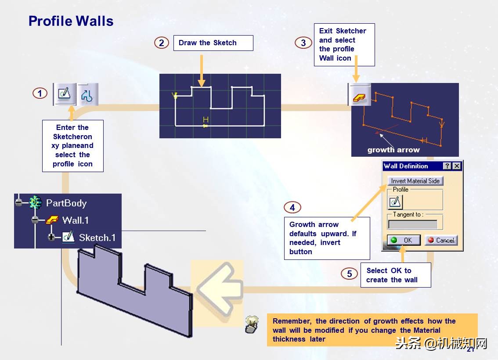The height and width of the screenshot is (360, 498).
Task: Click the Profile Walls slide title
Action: click(x=71, y=21)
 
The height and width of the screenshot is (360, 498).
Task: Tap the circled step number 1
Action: click(x=40, y=94)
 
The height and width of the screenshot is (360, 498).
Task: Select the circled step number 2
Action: click(x=162, y=43)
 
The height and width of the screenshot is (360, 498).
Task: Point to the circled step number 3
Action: click(x=303, y=43)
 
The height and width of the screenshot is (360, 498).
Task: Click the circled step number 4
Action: click(x=292, y=207)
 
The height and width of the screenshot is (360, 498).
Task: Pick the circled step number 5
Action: click(x=349, y=274)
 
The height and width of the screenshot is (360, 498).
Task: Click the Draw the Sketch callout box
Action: click(x=213, y=43)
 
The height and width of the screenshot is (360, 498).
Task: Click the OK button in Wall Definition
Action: click(x=404, y=240)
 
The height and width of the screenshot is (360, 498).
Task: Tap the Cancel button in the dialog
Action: click(x=441, y=240)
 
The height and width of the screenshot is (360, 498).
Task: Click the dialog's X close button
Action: click(x=457, y=166)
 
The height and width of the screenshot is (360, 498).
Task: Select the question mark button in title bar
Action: click(x=447, y=166)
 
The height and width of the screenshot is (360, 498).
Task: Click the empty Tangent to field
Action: click(x=412, y=224)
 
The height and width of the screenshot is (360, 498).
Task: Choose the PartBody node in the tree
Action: click(x=66, y=203)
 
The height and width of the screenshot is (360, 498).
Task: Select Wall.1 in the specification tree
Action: click(x=75, y=220)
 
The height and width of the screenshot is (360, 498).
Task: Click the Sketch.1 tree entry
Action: click(x=97, y=238)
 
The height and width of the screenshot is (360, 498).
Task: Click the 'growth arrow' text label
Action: click(x=393, y=150)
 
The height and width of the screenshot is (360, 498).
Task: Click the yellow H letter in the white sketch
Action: click(x=206, y=120)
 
